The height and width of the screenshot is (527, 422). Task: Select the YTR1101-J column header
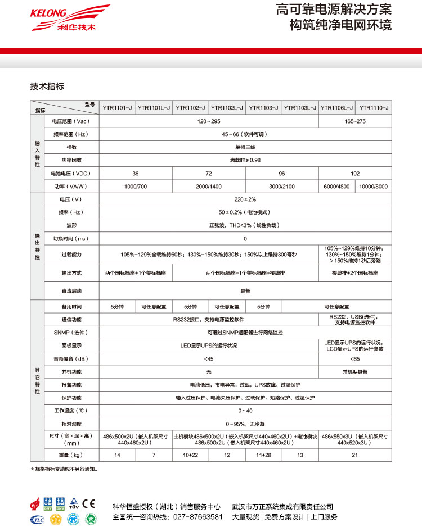click(x=117, y=107)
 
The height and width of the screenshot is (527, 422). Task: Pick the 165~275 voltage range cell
click(x=355, y=121)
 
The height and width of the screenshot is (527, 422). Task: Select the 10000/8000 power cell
click(x=373, y=187)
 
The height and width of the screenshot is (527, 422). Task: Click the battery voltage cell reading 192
click(x=355, y=174)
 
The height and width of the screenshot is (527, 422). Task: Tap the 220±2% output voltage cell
click(x=245, y=199)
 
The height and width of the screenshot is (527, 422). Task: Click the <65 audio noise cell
click(x=355, y=358)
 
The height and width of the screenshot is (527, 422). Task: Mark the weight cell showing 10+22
click(x=190, y=455)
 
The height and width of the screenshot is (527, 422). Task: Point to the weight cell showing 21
click(x=355, y=455)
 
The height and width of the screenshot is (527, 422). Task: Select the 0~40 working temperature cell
click(x=245, y=411)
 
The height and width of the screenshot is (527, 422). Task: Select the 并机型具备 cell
click(x=355, y=372)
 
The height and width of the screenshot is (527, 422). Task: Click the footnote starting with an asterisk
click(x=64, y=469)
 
